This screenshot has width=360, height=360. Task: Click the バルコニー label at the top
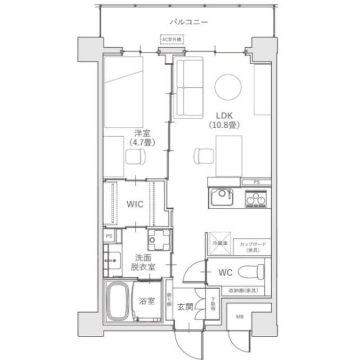(188, 22)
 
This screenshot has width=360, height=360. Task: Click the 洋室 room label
(141, 133)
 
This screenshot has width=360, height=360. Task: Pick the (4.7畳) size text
(141, 143)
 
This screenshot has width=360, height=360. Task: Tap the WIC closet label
(135, 205)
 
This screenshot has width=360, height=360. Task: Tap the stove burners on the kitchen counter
(256, 199)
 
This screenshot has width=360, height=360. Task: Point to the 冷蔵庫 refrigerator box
(220, 243)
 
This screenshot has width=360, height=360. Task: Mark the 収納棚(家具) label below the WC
(243, 290)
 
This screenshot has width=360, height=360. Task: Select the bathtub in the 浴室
(118, 301)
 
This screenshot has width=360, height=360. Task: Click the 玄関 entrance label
(186, 307)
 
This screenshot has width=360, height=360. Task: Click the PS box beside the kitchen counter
(256, 182)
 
